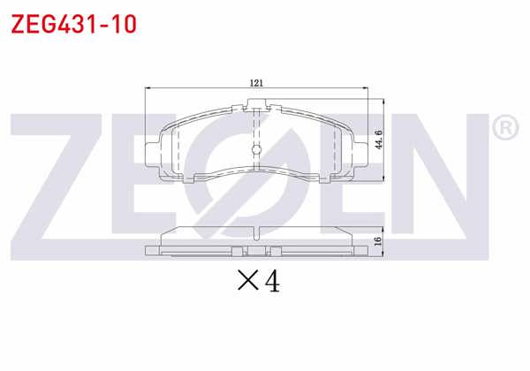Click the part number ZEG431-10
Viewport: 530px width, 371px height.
point(72,24)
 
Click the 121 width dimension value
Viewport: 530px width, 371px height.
point(256,82)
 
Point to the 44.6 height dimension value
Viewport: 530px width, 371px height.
point(379,140)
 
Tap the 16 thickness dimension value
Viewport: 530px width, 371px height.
point(378,241)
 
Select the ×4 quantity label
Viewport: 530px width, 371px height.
point(259,282)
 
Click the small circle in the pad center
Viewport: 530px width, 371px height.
point(255,148)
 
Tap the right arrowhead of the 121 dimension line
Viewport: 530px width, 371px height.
point(365,88)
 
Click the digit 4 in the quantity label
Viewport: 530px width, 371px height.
point(271,282)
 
